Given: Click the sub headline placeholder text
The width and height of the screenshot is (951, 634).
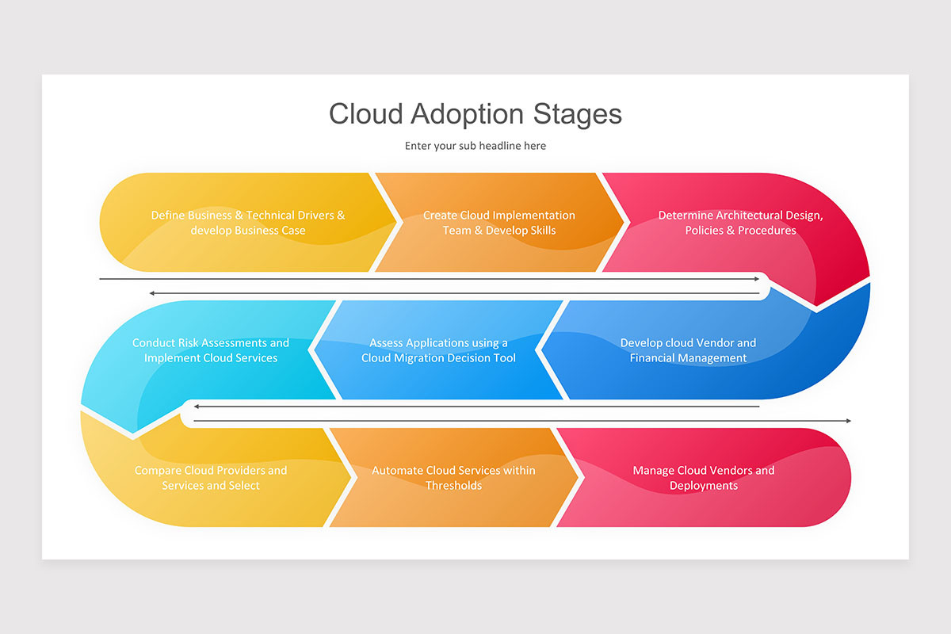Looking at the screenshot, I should (x=475, y=146).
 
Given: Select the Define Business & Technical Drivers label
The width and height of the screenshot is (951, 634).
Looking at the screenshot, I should (x=248, y=223).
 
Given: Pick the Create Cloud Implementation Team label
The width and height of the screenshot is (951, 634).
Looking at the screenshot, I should (x=499, y=223).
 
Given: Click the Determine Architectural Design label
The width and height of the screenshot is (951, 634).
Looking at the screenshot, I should (x=740, y=223).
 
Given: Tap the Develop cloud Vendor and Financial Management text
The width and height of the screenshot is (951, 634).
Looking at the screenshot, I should (x=688, y=350).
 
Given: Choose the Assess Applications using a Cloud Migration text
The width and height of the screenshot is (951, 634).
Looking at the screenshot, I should (x=438, y=350).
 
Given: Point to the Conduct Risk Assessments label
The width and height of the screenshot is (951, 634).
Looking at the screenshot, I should (x=211, y=350).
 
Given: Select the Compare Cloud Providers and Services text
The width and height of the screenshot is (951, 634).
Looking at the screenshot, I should (x=211, y=478).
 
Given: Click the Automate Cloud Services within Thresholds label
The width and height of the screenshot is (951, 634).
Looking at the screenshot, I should (x=453, y=478).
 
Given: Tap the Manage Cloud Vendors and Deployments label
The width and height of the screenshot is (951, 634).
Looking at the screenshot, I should (x=704, y=478).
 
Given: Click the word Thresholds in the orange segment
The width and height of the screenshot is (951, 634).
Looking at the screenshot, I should (x=453, y=486).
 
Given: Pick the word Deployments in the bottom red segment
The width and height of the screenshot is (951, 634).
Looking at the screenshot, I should (x=704, y=486).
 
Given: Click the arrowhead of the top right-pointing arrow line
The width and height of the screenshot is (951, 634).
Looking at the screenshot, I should (x=757, y=279).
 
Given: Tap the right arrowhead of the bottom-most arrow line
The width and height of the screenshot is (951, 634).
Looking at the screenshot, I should (x=848, y=421).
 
